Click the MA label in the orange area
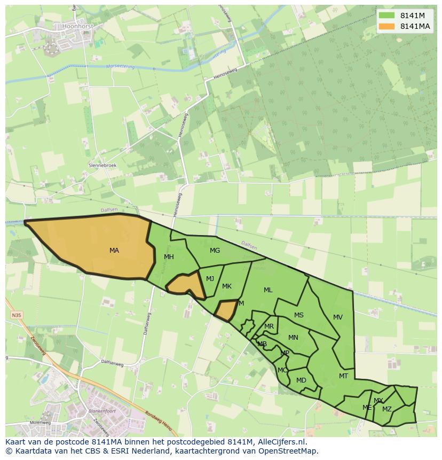tap(114, 251)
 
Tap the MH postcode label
tap(169, 257)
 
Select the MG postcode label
tap(215, 251)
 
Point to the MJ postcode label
tap(210, 279)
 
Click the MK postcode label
tap(227, 286)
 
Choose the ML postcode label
tap(268, 290)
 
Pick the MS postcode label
tap(299, 315)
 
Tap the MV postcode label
tap(338, 317)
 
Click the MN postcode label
tap(293, 338)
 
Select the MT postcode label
tap(343, 376)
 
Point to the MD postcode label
tap(301, 380)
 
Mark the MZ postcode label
tap(387, 409)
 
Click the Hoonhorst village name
tap(77, 25)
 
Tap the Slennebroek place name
tap(102, 166)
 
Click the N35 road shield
tap(17, 316)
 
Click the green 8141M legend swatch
tap(386, 15)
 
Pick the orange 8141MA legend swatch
tap(386, 26)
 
